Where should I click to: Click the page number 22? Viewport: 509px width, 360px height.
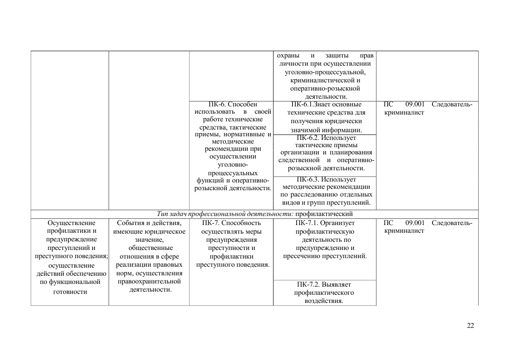(471, 326)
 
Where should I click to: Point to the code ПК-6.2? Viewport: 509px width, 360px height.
(308, 138)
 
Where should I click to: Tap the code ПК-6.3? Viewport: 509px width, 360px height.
(308, 179)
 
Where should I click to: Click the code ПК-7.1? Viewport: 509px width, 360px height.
(307, 223)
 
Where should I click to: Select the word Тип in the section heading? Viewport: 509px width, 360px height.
(162, 214)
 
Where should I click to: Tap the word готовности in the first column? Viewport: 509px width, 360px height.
(70, 292)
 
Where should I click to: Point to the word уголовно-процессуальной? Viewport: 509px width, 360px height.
(326, 72)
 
